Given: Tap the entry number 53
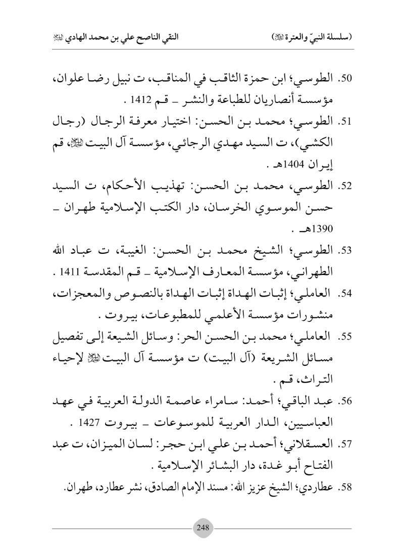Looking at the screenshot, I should coord(347,250).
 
